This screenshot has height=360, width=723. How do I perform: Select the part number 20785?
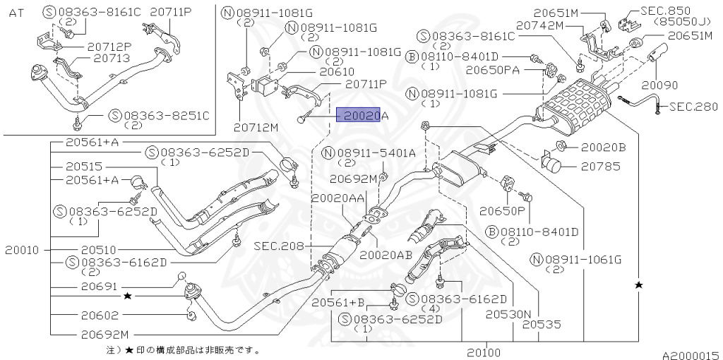597,166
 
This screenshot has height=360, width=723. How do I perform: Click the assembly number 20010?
22,251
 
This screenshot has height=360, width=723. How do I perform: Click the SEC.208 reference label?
279,246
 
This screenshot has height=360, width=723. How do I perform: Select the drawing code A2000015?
691,355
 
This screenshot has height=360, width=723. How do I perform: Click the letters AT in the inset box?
16,13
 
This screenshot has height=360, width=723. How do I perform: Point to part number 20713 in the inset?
113,58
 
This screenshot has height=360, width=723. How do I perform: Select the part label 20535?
542,324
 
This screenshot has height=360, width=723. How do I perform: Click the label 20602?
100,316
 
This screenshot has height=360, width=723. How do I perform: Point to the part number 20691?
100,287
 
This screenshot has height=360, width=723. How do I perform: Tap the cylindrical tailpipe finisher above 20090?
657,52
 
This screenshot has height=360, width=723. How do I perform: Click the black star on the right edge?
638,285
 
